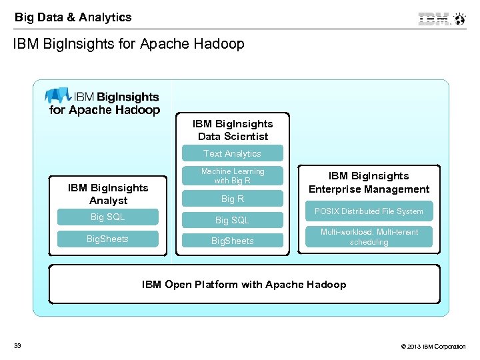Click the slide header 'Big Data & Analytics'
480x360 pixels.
click(x=73, y=17)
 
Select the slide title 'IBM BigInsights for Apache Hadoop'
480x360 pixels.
click(x=129, y=44)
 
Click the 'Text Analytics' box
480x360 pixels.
click(x=232, y=153)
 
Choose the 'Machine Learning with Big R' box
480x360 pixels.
click(x=232, y=176)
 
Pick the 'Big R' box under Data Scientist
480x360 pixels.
click(x=232, y=199)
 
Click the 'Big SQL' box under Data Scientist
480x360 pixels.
click(x=232, y=220)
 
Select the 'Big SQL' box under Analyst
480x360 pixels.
click(x=107, y=217)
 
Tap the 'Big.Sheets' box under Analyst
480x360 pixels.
click(x=107, y=239)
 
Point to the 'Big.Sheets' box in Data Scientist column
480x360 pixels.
click(x=232, y=241)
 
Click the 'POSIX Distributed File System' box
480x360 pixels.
click(x=369, y=211)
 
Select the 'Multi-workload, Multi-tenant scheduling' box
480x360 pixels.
click(x=369, y=237)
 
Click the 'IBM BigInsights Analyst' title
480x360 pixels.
click(x=108, y=194)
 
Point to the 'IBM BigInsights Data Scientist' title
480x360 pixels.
click(x=233, y=130)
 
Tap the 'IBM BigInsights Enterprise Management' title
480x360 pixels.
click(x=369, y=182)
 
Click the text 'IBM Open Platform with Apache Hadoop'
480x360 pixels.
click(x=244, y=285)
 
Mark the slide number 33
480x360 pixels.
click(x=17, y=345)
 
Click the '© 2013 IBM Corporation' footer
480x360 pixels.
click(x=433, y=346)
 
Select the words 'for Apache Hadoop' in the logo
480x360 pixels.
click(x=105, y=110)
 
